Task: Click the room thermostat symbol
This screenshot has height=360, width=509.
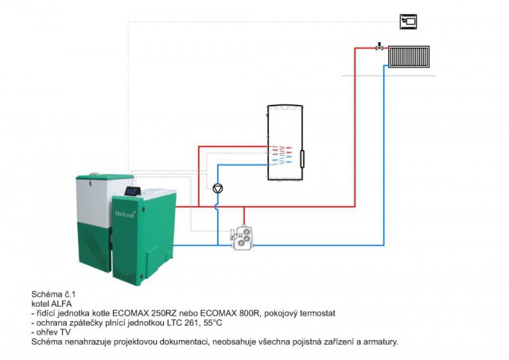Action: tap(409, 21)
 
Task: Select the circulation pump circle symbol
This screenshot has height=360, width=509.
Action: tap(218, 189)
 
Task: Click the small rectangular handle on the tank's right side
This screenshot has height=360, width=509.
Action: tap(302, 157)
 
